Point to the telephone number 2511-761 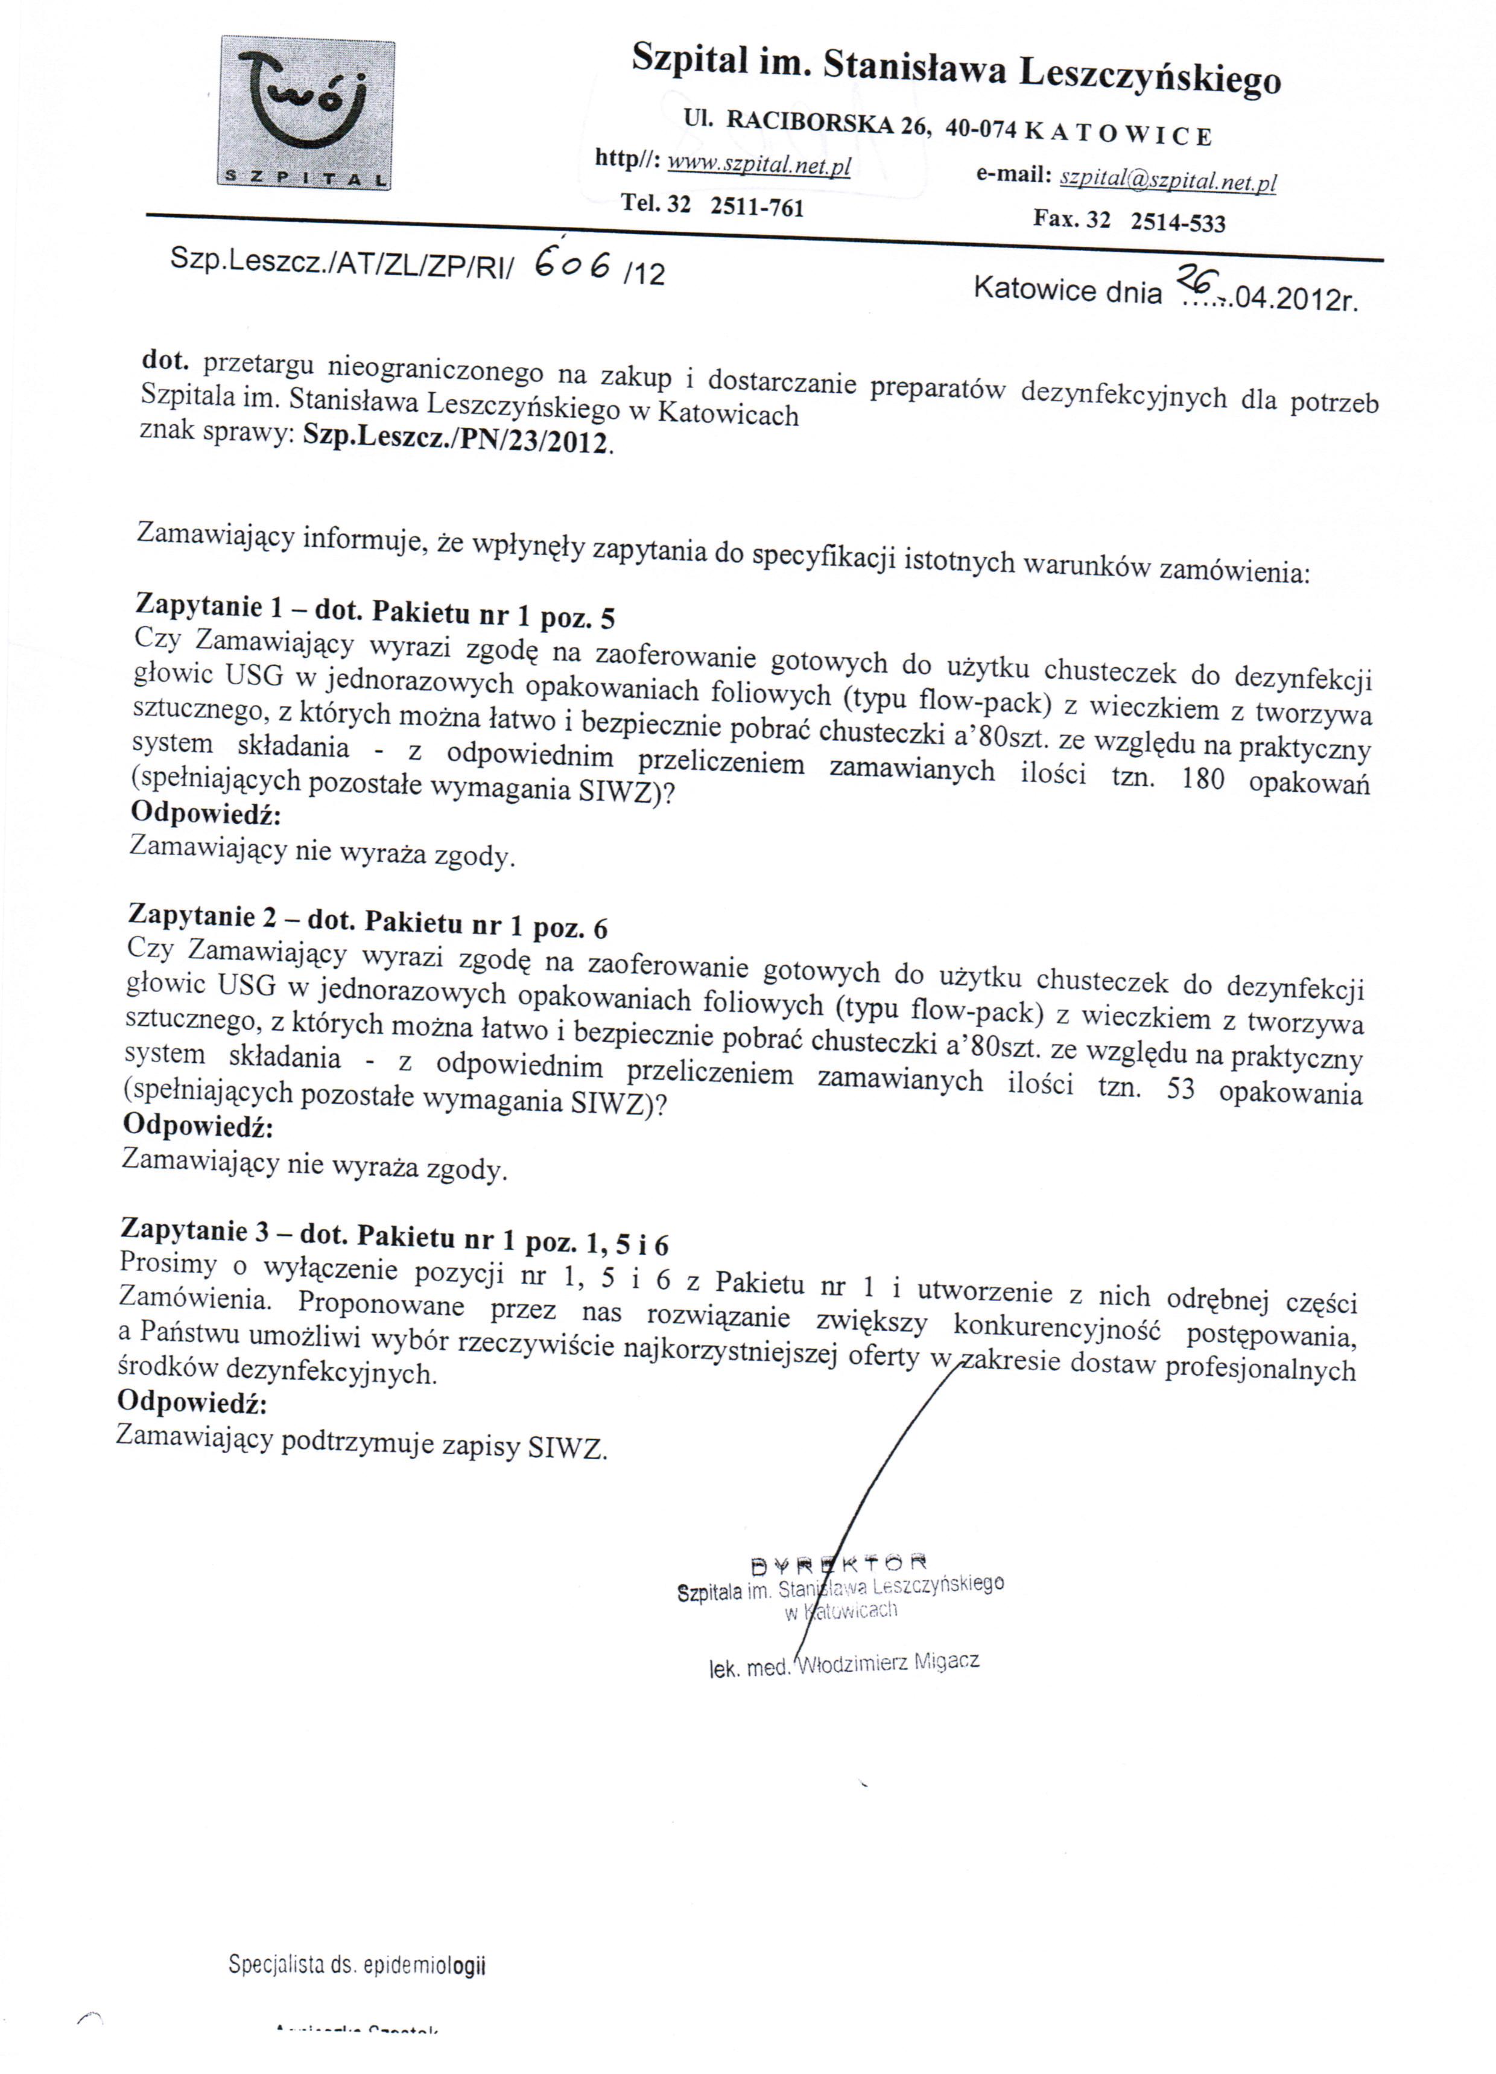[x=757, y=206]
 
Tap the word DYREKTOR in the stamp [x=838, y=1561]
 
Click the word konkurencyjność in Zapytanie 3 [x=1057, y=1326]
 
